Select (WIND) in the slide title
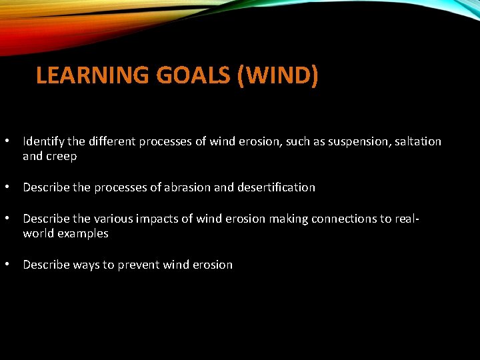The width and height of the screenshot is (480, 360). (277, 75)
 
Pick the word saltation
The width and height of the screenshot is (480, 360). (415, 141)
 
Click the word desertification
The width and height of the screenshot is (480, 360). (276, 187)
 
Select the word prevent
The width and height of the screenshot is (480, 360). (139, 265)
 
